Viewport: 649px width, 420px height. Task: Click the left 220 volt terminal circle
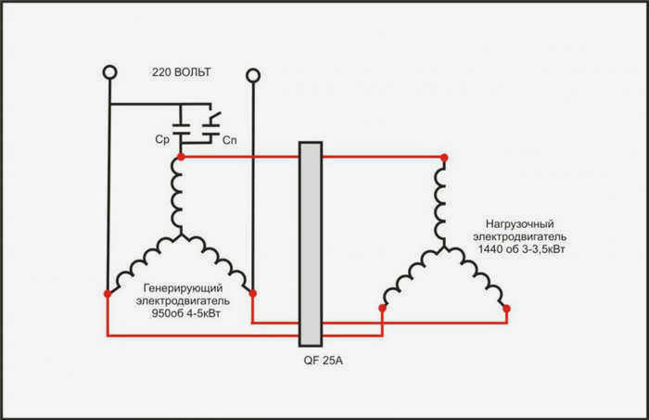coord(109,72)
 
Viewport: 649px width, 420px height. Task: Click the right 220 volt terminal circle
coord(253,76)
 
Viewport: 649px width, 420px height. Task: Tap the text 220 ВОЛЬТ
coord(182,72)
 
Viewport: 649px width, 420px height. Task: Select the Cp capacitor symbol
coord(181,129)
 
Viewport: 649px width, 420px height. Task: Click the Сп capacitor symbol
coord(210,129)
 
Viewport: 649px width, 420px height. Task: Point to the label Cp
coord(162,139)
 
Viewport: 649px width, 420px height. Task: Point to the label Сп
coord(230,140)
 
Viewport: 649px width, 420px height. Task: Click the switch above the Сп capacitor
coord(213,117)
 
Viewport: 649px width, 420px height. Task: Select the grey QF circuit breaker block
coord(311,244)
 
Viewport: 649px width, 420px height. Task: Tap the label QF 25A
coord(324,361)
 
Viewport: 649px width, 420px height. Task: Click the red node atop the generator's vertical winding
coord(181,157)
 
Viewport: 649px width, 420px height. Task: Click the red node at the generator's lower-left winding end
coord(108,294)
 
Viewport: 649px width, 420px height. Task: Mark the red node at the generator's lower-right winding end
coord(253,293)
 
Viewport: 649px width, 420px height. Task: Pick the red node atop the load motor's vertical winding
coord(444,158)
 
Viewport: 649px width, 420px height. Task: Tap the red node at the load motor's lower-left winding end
coord(382,308)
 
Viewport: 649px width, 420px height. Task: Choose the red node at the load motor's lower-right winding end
coord(506,309)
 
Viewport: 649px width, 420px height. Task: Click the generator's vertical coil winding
coord(178,196)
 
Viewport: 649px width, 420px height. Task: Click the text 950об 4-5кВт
coord(185,313)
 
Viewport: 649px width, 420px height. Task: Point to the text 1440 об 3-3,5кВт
coord(521,249)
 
